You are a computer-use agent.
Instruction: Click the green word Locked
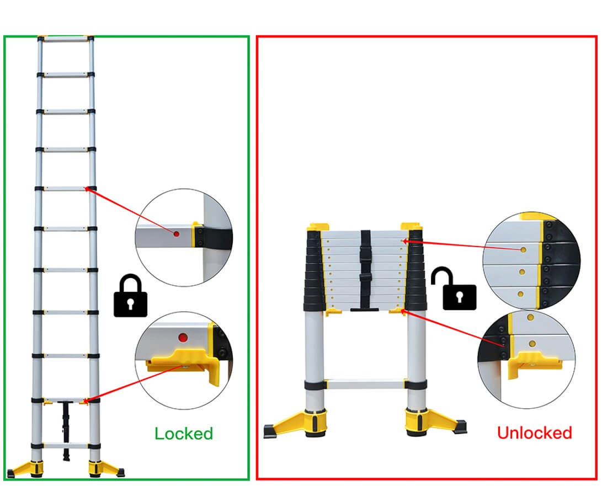click(x=184, y=434)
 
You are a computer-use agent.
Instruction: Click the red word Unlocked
click(x=534, y=433)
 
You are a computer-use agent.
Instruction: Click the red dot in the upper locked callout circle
click(x=176, y=234)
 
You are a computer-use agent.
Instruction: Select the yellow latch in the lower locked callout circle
click(x=182, y=361)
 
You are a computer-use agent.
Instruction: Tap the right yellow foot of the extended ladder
click(x=105, y=467)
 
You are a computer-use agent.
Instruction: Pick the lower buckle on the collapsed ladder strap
click(x=366, y=279)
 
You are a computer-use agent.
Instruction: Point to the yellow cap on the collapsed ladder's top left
click(x=318, y=227)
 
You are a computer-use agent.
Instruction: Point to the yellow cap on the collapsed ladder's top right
click(x=412, y=227)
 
